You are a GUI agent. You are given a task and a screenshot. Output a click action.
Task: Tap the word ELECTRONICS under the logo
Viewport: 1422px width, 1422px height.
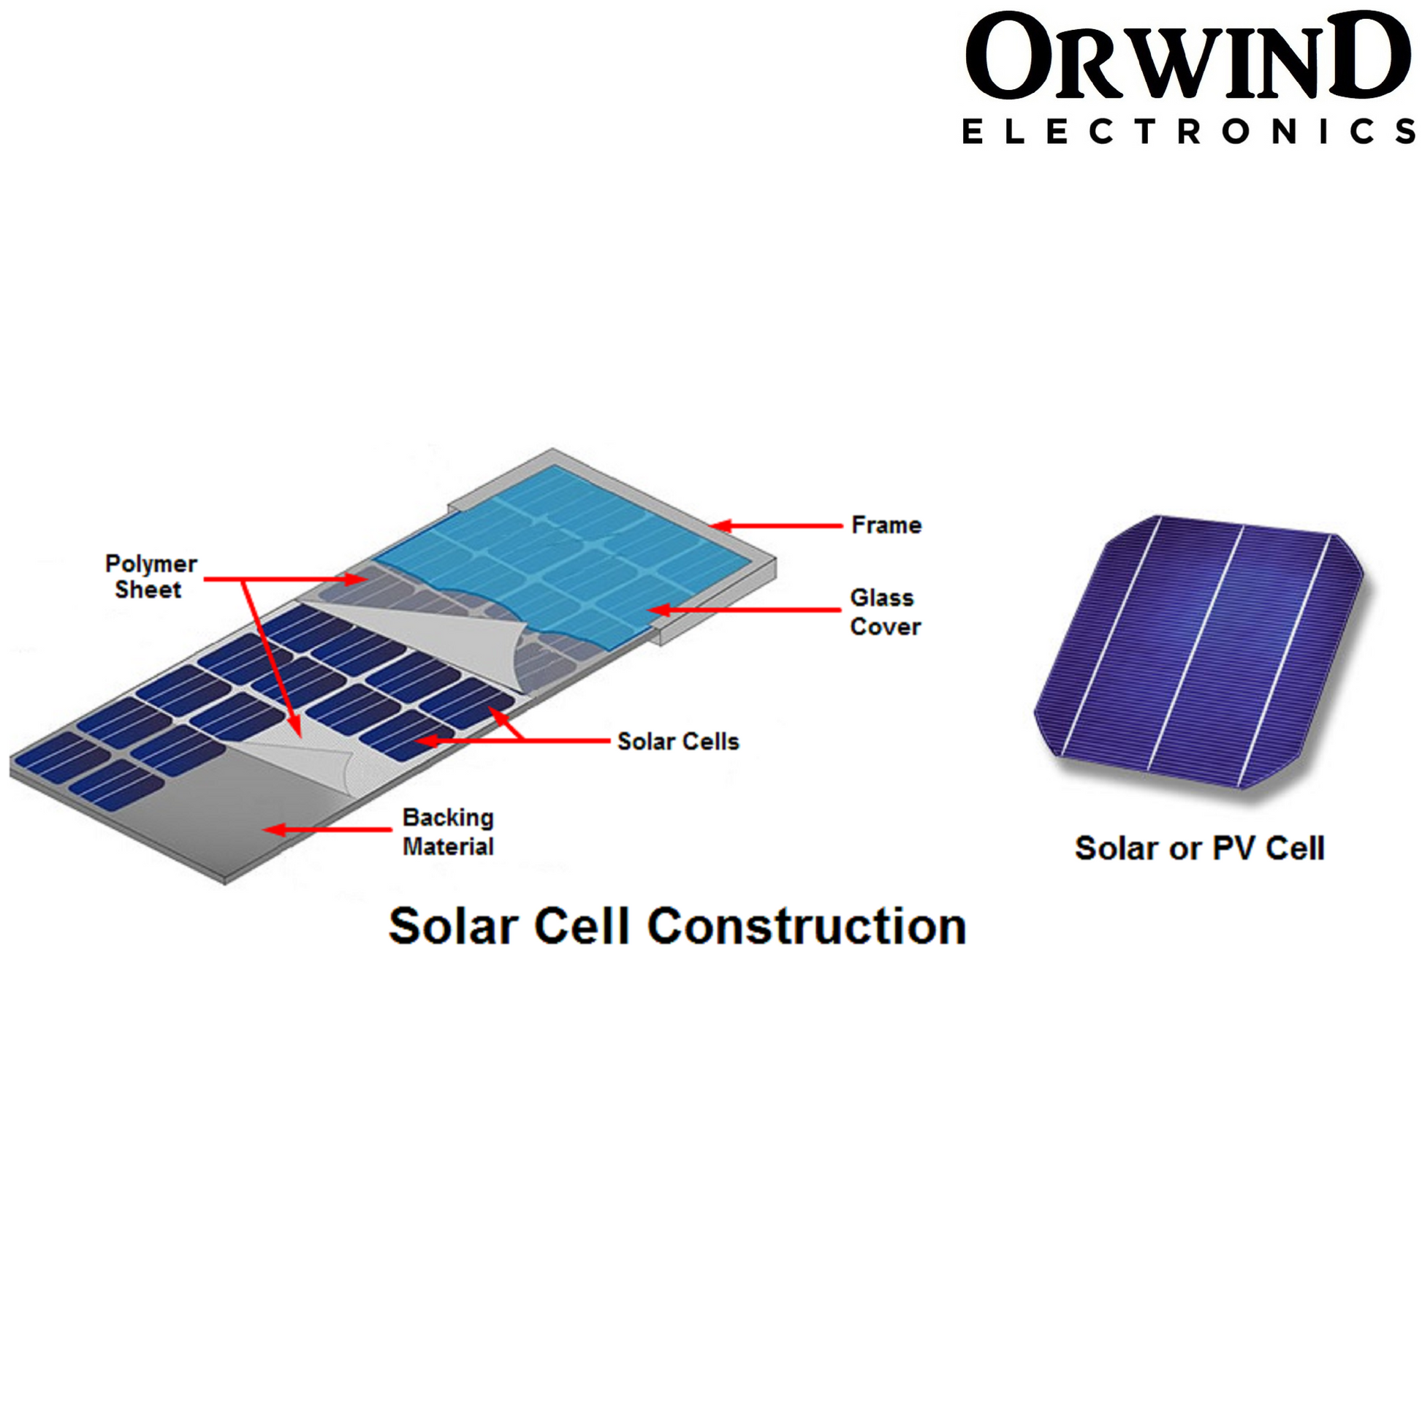1189,132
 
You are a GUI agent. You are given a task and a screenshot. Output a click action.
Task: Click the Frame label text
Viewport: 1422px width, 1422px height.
886,525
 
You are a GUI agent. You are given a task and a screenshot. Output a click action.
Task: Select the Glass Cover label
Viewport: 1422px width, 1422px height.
885,612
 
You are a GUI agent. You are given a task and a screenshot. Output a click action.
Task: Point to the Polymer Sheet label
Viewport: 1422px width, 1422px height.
151,577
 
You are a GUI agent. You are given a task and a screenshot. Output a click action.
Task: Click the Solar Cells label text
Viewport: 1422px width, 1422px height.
678,741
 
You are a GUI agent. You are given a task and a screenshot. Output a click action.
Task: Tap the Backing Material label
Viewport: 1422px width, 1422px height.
447,832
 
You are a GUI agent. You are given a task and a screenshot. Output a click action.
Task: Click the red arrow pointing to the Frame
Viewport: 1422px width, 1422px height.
777,526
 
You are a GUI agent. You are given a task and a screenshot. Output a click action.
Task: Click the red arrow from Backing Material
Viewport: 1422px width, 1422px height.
327,830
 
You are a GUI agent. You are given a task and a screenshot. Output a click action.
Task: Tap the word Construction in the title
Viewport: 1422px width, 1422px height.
807,926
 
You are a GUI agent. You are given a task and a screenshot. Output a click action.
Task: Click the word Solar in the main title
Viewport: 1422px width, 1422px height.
452,926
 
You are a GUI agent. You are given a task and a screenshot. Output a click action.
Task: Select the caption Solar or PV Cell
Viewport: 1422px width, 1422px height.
1200,848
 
